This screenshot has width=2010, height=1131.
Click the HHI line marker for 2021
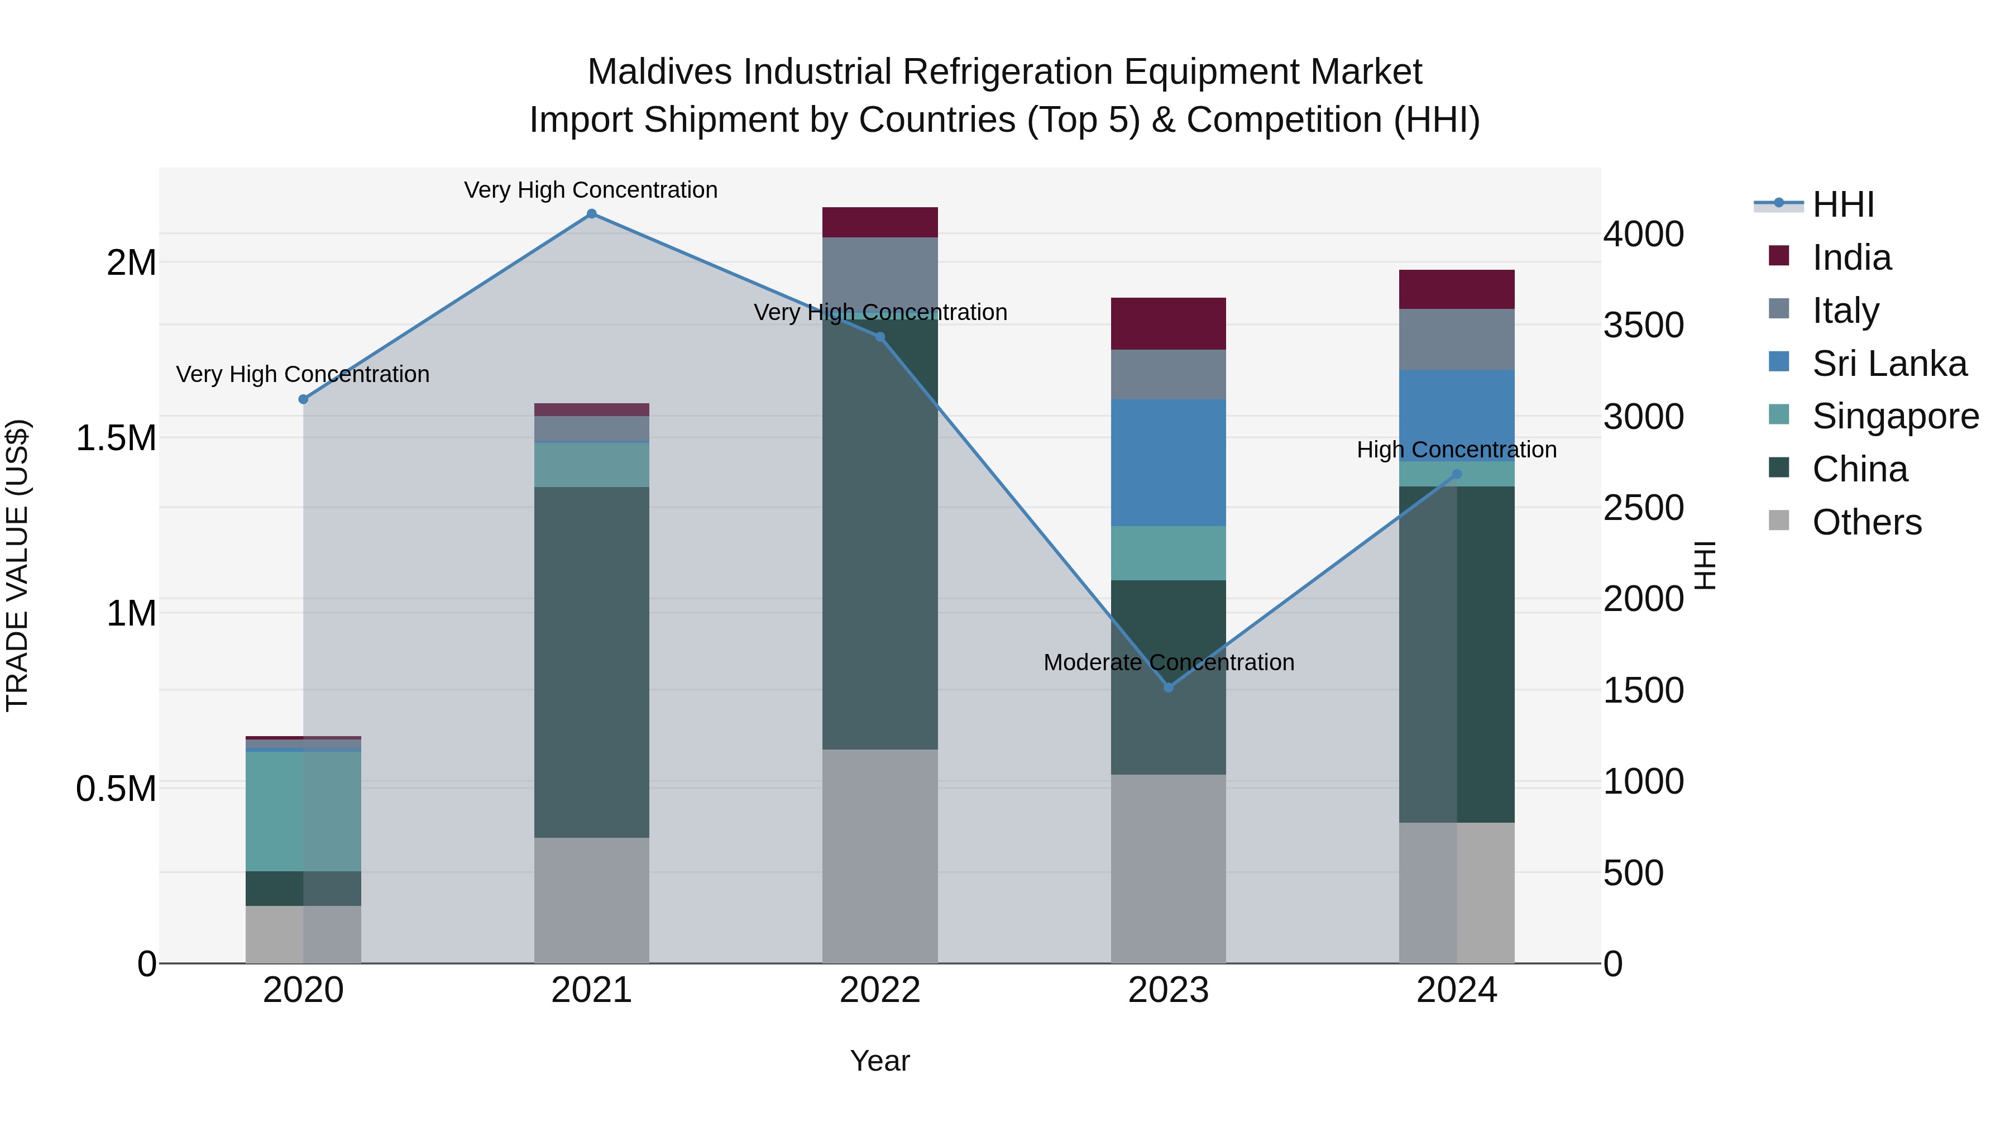coord(591,214)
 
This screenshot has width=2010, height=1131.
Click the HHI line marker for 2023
coord(1168,688)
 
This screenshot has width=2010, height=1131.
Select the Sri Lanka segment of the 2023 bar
coord(1168,463)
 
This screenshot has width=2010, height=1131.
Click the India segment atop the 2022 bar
coord(879,222)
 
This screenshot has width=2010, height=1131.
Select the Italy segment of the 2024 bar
coord(1456,340)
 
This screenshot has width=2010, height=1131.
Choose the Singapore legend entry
coord(1894,416)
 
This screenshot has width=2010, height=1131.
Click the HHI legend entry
coord(1841,204)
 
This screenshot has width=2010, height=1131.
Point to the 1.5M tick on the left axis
coord(116,438)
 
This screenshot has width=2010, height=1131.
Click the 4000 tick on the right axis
coord(1643,234)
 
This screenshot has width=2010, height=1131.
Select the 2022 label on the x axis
coord(879,990)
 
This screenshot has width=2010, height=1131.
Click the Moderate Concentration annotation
coord(1168,662)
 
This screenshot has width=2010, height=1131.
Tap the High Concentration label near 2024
coord(1456,450)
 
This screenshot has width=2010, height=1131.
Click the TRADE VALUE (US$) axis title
coord(17,565)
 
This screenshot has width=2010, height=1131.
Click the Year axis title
coord(879,1061)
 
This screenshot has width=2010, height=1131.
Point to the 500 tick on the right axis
coord(1633,872)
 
